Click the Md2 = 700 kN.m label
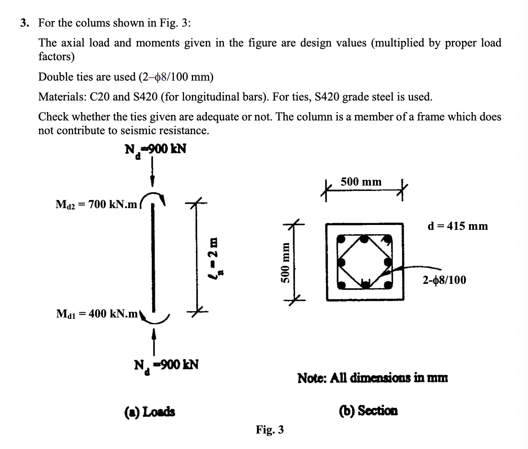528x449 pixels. (x=96, y=205)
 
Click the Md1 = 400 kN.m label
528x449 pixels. (x=97, y=314)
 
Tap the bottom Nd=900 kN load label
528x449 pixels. (x=166, y=365)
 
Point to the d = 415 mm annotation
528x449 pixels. (x=458, y=226)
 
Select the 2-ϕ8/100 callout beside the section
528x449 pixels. (x=444, y=280)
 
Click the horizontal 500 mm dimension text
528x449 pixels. (x=361, y=182)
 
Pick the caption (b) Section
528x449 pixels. (x=368, y=411)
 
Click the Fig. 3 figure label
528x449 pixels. (x=270, y=430)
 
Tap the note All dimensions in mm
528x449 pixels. (x=372, y=379)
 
